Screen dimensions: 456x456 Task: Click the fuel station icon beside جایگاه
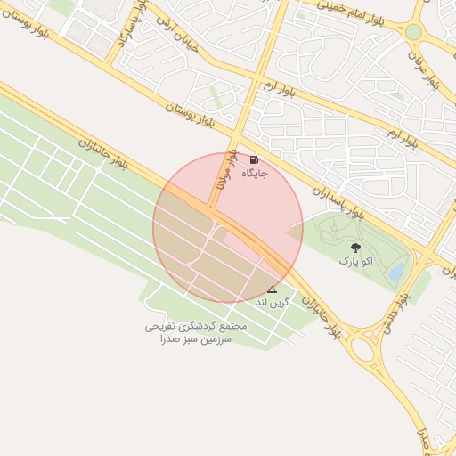tap(255, 160)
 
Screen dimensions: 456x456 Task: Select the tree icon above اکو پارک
tap(356, 248)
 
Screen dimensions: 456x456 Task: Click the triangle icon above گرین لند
tap(272, 289)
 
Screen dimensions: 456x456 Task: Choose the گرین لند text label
tap(273, 303)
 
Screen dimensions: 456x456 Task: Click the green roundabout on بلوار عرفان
tap(413, 32)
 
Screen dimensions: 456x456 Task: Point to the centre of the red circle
tap(228, 228)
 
